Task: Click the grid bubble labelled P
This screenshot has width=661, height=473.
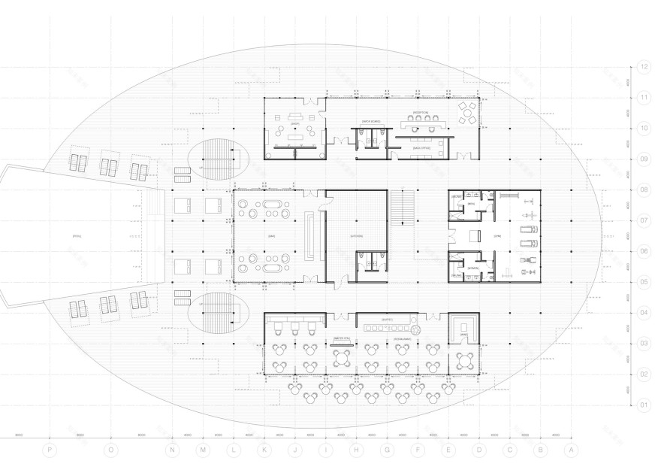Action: pyautogui.click(x=50, y=450)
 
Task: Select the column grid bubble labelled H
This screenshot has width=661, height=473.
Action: pyautogui.click(x=357, y=450)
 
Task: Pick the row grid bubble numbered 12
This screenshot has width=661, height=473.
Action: pyautogui.click(x=644, y=67)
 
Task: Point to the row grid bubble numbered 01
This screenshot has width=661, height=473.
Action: pyautogui.click(x=644, y=405)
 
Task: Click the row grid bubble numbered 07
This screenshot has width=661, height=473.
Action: pyautogui.click(x=644, y=221)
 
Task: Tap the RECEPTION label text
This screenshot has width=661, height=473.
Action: pyautogui.click(x=420, y=112)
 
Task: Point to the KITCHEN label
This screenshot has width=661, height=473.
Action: pyautogui.click(x=357, y=236)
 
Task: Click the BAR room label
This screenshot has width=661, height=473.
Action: pyautogui.click(x=272, y=236)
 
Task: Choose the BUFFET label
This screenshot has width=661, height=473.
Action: pyautogui.click(x=388, y=320)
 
